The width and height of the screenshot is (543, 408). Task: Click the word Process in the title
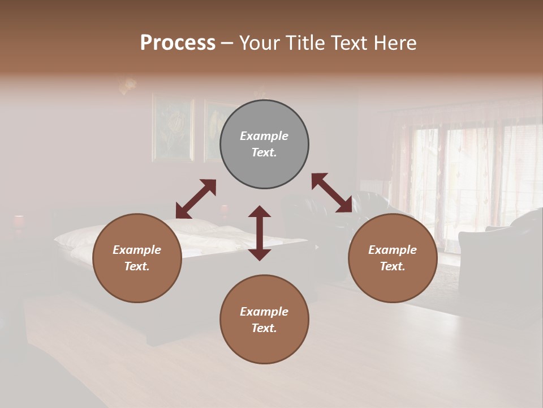178,43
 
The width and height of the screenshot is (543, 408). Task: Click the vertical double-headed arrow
260,233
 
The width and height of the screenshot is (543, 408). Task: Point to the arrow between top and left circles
196,199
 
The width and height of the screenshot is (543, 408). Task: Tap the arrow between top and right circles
332,193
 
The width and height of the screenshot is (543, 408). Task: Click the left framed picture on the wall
173,129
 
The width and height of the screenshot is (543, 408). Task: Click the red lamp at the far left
19,221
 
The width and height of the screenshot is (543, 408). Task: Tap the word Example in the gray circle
264,136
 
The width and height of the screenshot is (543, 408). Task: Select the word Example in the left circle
137,250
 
